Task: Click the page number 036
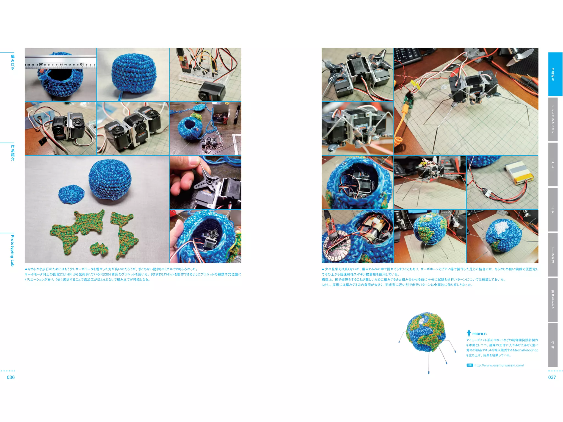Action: [11, 377]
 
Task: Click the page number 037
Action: [552, 377]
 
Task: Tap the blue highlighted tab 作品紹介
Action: [555, 74]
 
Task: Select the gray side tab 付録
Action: [553, 345]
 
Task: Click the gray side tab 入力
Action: [553, 164]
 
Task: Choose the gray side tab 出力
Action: [553, 209]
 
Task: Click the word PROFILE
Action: [479, 334]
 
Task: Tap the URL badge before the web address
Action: [470, 365]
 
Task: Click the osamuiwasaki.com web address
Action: [499, 365]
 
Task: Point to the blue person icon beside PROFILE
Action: [469, 333]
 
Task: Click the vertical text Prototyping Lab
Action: [12, 250]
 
